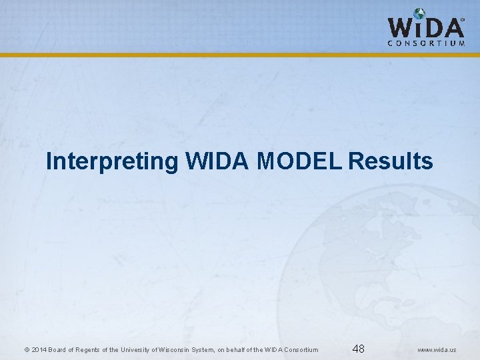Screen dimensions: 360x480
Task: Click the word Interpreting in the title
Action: pyautogui.click(x=111, y=161)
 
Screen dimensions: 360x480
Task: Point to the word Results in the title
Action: pyautogui.click(x=391, y=161)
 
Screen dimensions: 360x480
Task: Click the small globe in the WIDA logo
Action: pyautogui.click(x=419, y=15)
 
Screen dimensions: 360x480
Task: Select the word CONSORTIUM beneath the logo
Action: pyautogui.click(x=426, y=43)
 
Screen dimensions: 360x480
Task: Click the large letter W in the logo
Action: pyautogui.click(x=401, y=27)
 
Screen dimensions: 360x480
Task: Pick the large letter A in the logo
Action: pyautogui.click(x=453, y=27)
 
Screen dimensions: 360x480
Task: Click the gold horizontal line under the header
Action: pyautogui.click(x=240, y=55)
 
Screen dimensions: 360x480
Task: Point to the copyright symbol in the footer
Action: pyautogui.click(x=26, y=350)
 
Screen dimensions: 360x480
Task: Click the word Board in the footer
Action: pyautogui.click(x=57, y=350)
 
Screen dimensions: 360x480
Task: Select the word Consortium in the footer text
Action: pyautogui.click(x=301, y=350)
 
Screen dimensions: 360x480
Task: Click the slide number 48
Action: pyautogui.click(x=358, y=349)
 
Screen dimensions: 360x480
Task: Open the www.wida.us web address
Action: pyautogui.click(x=437, y=350)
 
